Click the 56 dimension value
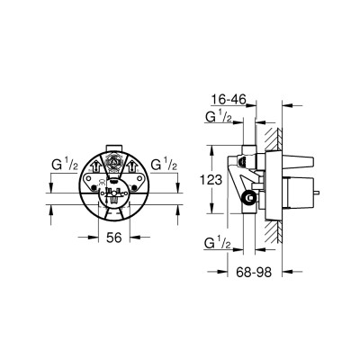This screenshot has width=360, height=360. tap(114, 238)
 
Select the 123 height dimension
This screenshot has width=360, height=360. tap(211, 180)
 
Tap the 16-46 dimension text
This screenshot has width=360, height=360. tap(229, 99)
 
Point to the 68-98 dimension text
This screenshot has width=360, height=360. tap(254, 272)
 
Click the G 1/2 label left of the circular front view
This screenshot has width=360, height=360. tap(65, 165)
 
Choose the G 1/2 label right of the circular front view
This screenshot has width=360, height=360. tap(164, 165)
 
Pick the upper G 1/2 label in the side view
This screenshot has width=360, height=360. tap(219, 116)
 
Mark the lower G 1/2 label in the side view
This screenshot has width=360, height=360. tap(218, 243)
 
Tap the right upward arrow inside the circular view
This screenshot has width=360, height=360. tap(131, 165)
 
